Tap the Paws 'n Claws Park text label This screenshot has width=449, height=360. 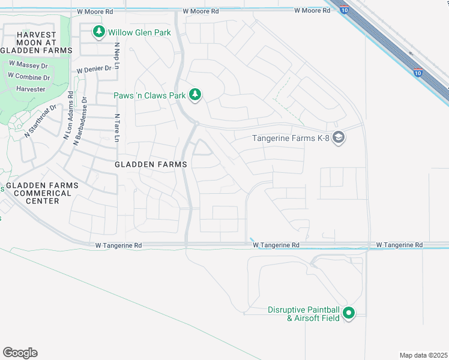tap(149, 95)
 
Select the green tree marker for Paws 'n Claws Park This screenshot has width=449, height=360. tap(194, 94)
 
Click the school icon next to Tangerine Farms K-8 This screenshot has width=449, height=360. tap(339, 139)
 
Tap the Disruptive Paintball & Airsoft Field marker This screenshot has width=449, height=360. tap(349, 313)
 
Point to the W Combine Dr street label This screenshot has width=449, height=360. tap(29, 77)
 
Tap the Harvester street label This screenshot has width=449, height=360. tap(31, 89)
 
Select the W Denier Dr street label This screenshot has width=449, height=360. tap(94, 69)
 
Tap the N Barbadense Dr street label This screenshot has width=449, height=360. tap(78, 121)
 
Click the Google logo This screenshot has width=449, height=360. tap(20, 353)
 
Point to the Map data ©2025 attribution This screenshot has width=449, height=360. tap(423, 355)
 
